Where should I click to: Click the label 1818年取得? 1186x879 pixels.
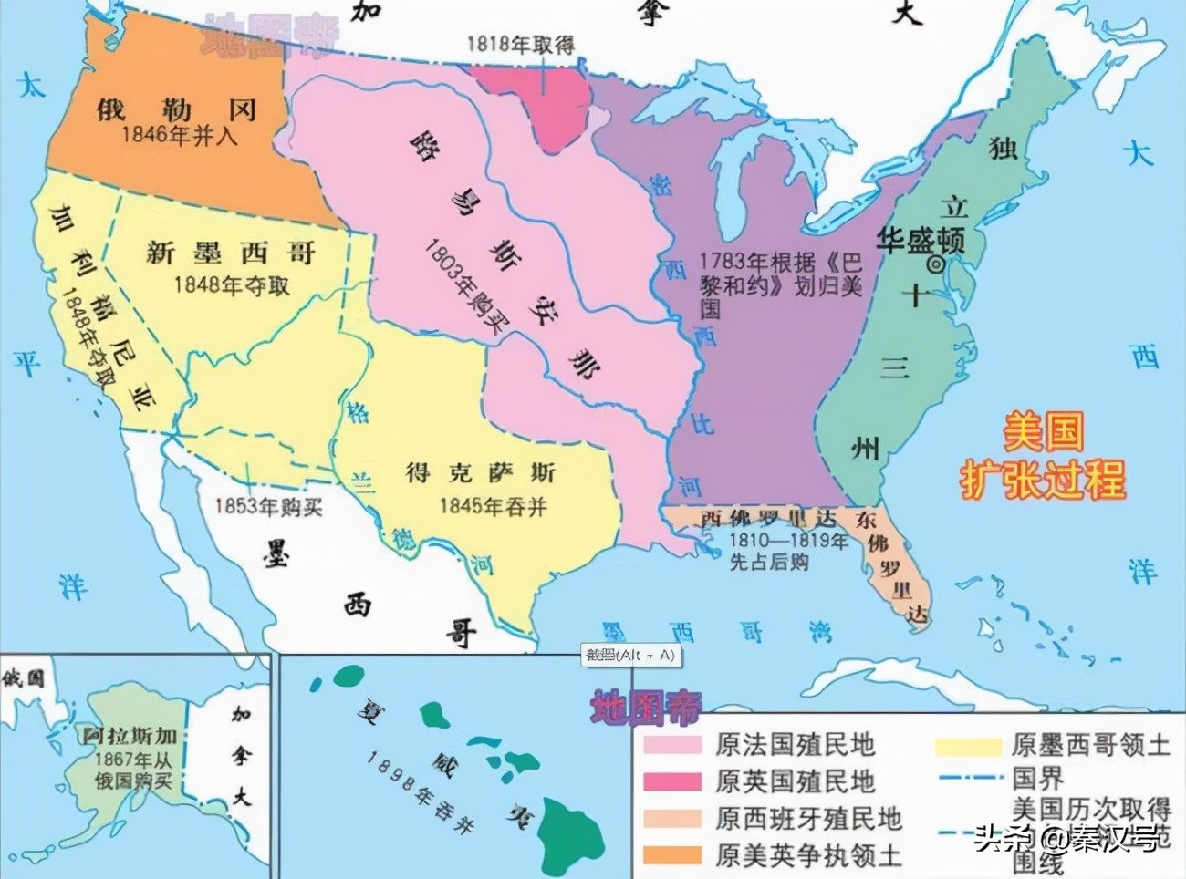pyautogui.click(x=521, y=44)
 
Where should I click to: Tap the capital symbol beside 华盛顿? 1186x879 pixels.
pyautogui.click(x=935, y=264)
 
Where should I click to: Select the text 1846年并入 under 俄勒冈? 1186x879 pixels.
pyautogui.click(x=179, y=135)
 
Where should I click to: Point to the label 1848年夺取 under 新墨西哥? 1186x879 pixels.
pyautogui.click(x=232, y=285)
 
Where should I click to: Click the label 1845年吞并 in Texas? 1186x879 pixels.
pyautogui.click(x=493, y=506)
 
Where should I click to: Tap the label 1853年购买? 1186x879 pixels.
pyautogui.click(x=268, y=507)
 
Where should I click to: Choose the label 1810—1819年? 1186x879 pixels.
pyautogui.click(x=788, y=541)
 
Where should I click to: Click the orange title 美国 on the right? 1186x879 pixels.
pyautogui.click(x=1043, y=431)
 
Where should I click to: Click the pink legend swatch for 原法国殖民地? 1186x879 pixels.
pyautogui.click(x=672, y=745)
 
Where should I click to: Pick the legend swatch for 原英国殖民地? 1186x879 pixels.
pyautogui.click(x=672, y=781)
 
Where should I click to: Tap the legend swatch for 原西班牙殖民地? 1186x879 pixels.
pyautogui.click(x=672, y=818)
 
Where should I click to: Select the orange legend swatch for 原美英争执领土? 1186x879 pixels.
pyautogui.click(x=672, y=855)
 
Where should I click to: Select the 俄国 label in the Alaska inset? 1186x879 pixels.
pyautogui.click(x=22, y=678)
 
